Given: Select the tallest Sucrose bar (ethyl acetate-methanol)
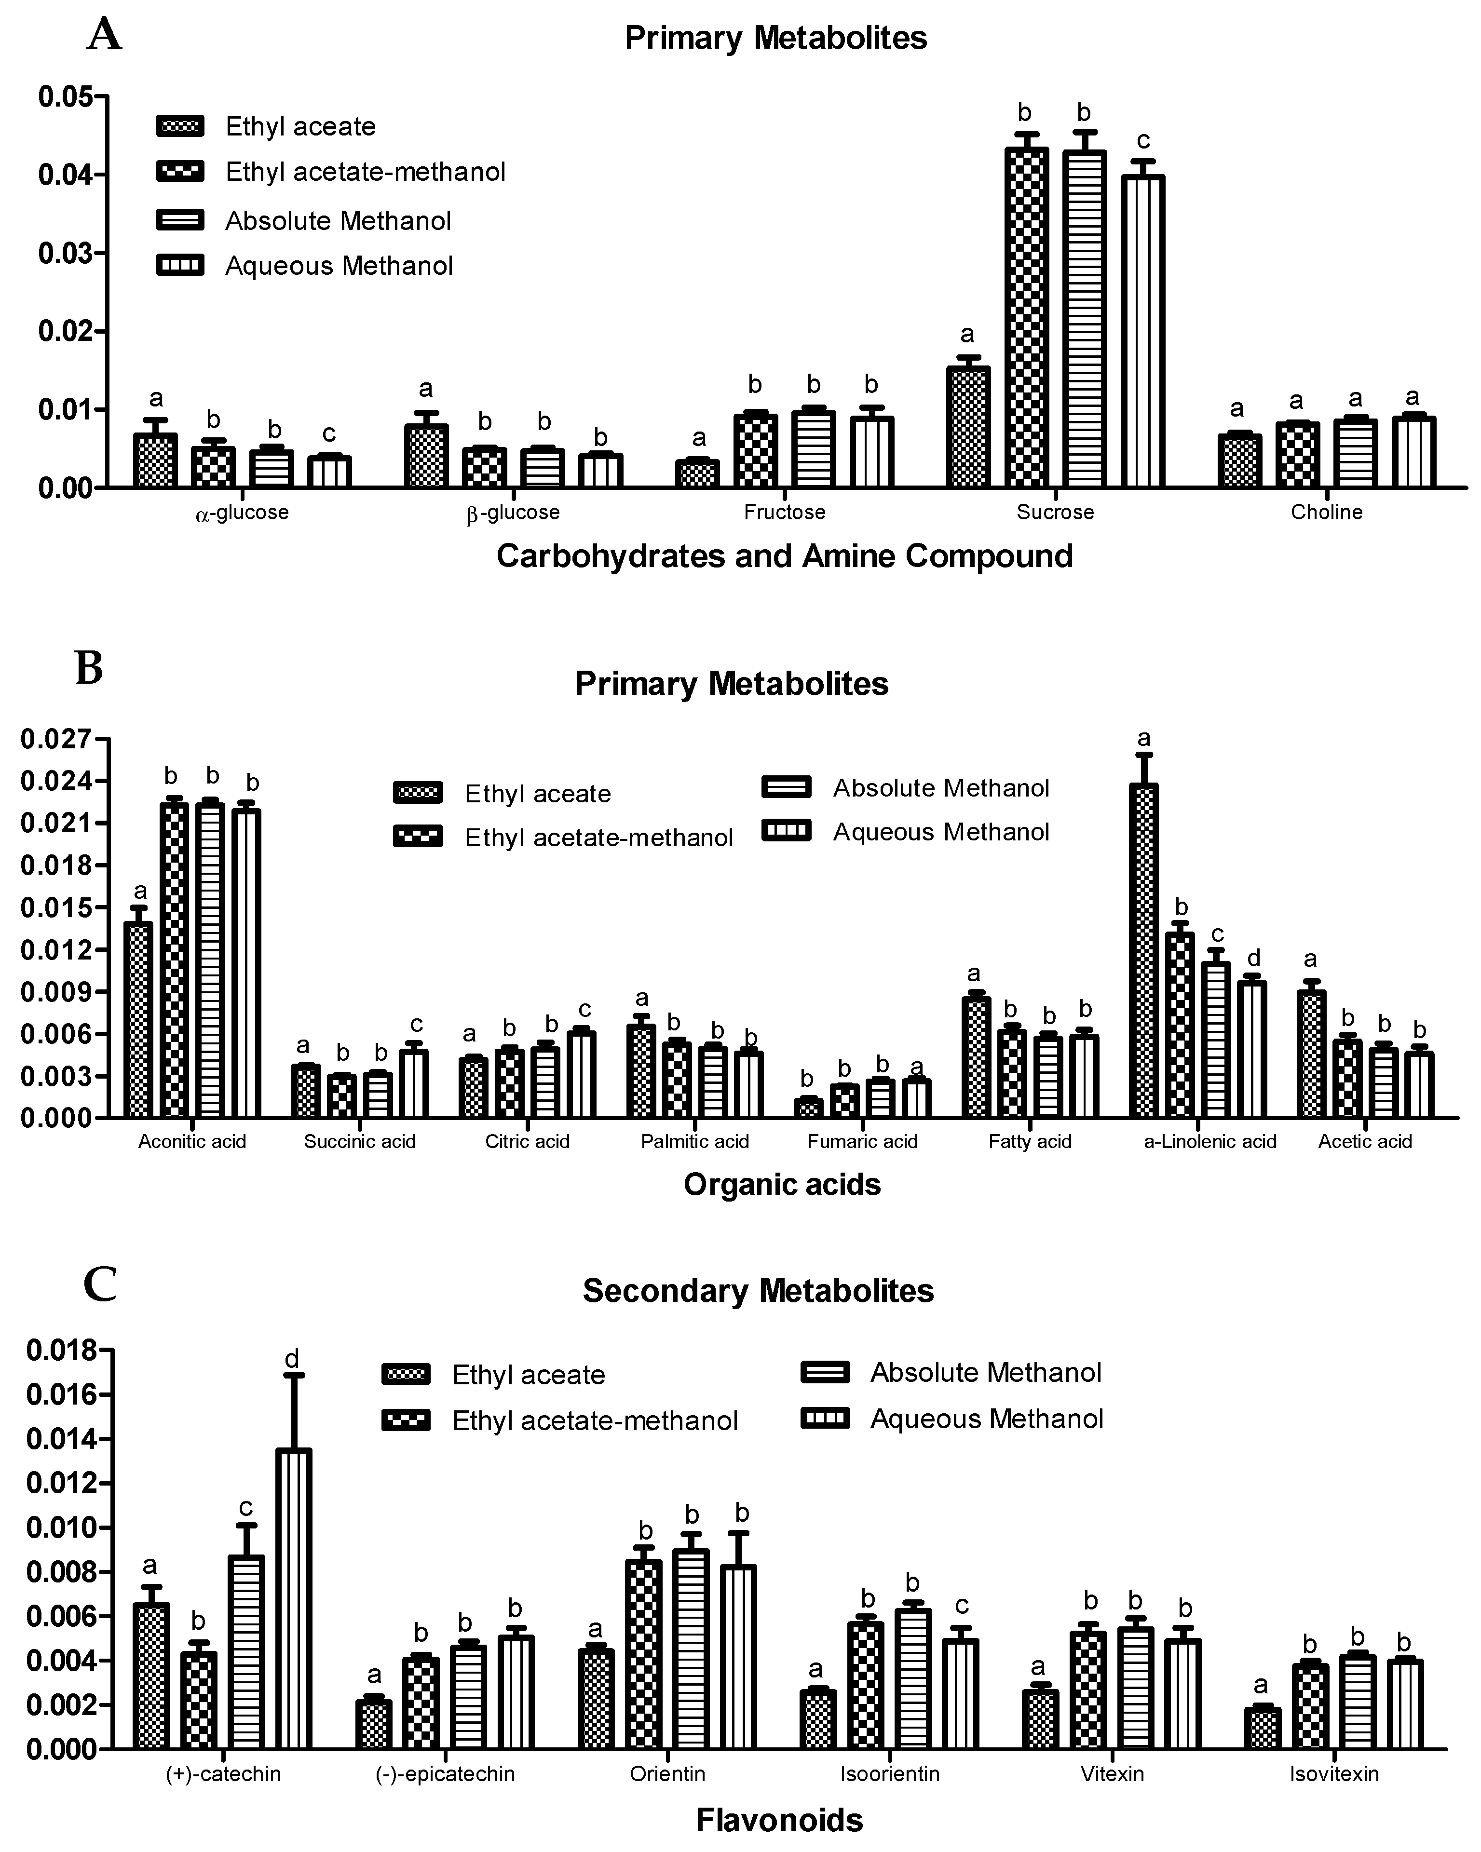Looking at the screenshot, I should pos(1027,318).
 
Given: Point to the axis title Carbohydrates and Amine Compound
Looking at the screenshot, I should pos(784,556).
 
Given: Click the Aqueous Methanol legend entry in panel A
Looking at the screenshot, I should pos(339,266).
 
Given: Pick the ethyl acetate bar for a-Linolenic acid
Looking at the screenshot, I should pos(1143,950).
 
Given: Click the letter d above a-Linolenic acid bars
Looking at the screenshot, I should pos(1253,958).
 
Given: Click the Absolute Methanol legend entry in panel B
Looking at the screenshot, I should pos(941,788).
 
